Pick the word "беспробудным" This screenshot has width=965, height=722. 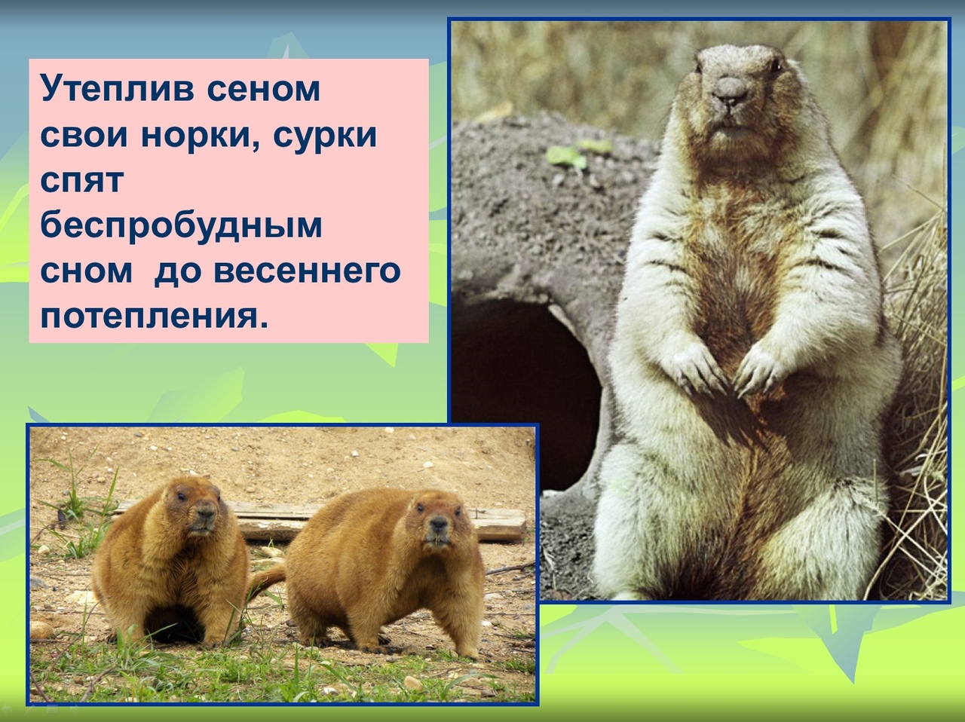[181, 226]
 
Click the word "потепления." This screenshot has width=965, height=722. [155, 316]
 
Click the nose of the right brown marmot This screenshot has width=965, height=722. [438, 523]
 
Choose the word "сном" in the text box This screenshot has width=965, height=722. [86, 271]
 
